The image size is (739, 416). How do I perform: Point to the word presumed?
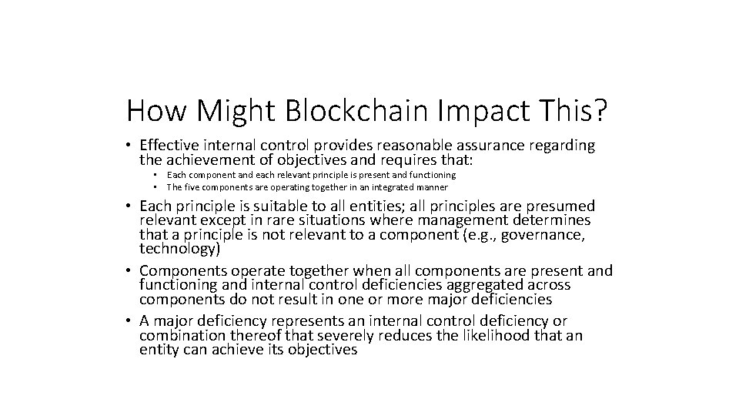pos(561,207)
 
